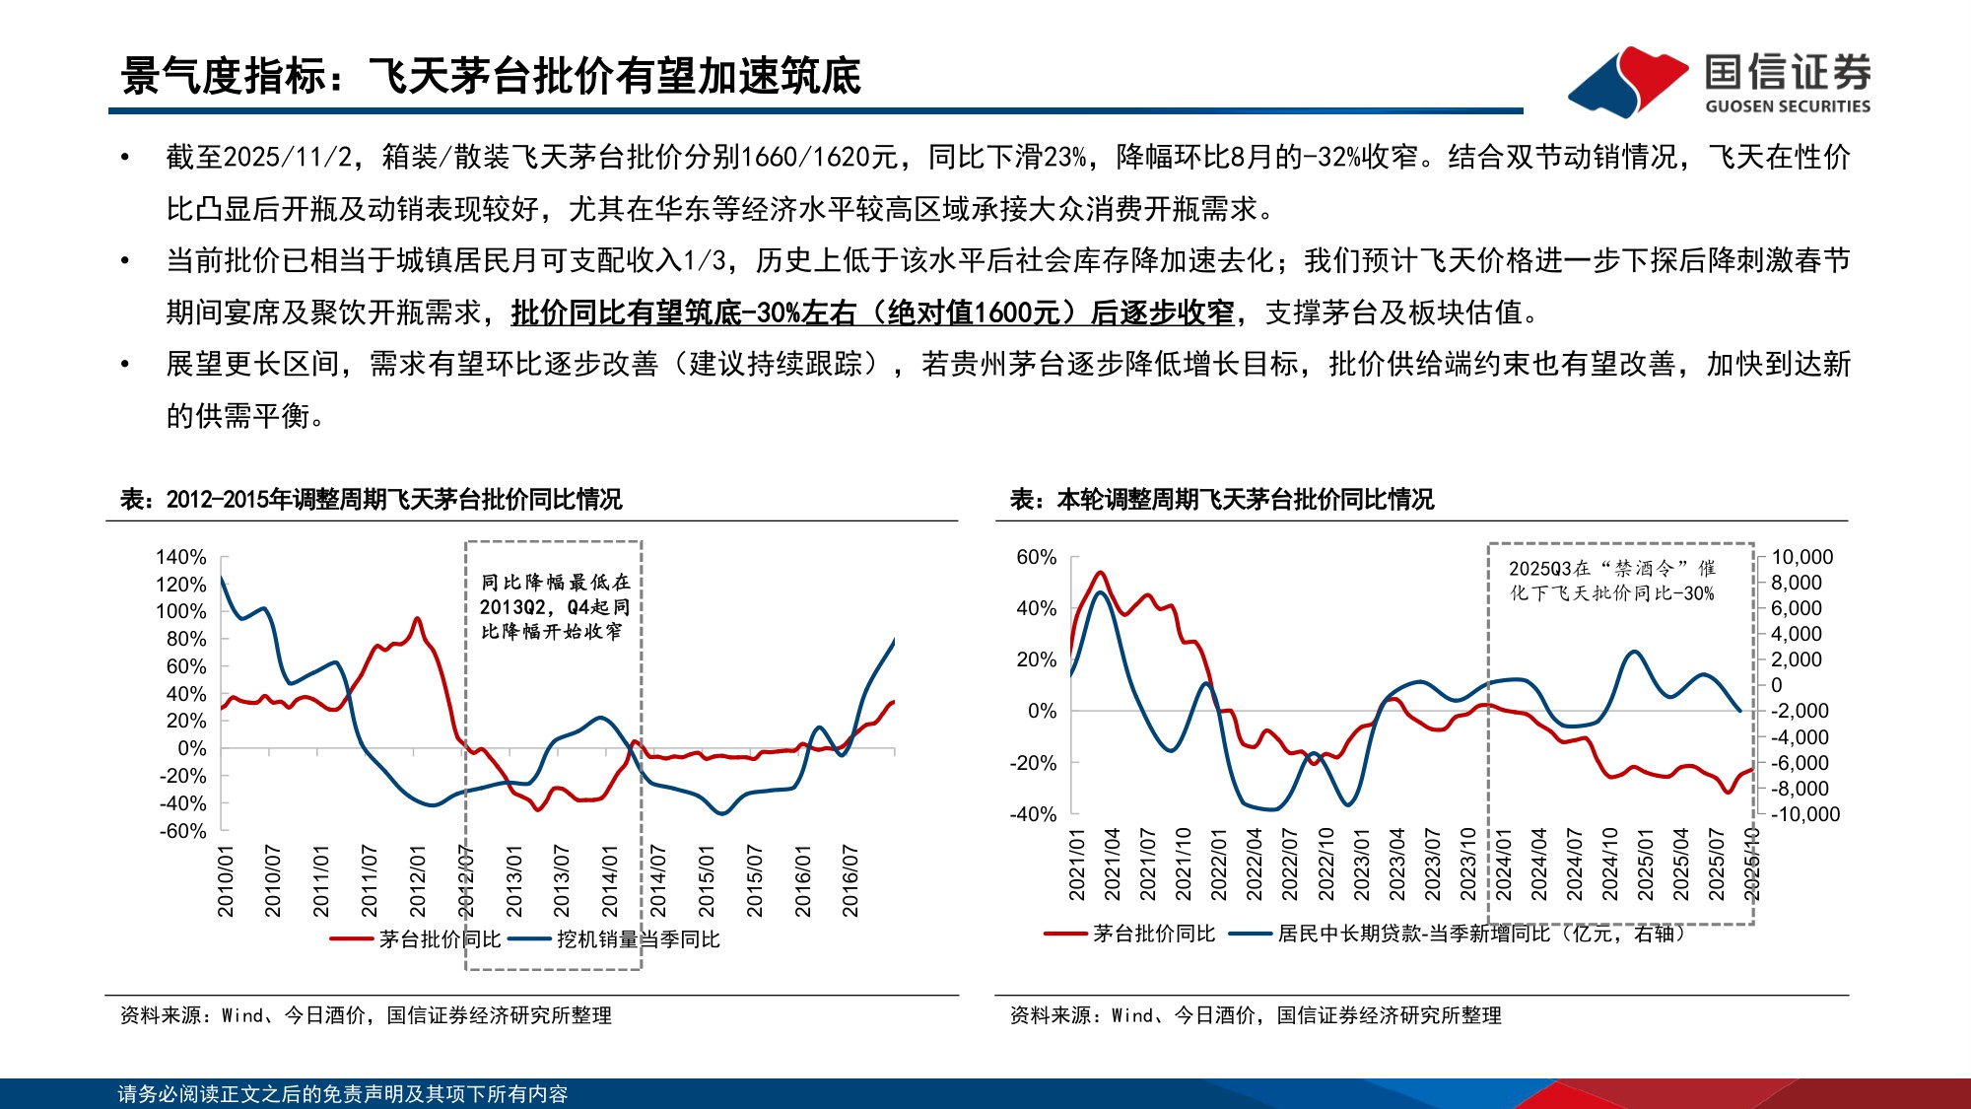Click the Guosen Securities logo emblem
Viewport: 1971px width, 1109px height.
click(1628, 81)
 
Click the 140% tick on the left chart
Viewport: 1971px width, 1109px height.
click(181, 557)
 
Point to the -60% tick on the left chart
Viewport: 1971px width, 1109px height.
click(183, 831)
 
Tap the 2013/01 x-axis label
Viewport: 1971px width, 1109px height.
click(514, 880)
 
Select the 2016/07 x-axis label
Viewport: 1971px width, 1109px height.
click(850, 880)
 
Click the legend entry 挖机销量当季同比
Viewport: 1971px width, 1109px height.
click(638, 939)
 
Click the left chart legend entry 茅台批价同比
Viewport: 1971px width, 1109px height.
click(440, 939)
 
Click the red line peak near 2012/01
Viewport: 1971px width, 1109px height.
click(417, 619)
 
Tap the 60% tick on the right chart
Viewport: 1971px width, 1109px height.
click(1037, 557)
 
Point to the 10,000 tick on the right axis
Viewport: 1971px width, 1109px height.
click(1801, 557)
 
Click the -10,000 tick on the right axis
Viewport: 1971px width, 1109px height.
click(1805, 814)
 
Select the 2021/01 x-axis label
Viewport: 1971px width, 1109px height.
click(1077, 864)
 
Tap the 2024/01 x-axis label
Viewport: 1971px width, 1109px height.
click(1504, 864)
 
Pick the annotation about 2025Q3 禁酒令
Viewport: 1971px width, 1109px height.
click(1611, 581)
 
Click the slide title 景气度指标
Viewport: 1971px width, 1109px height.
click(491, 76)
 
